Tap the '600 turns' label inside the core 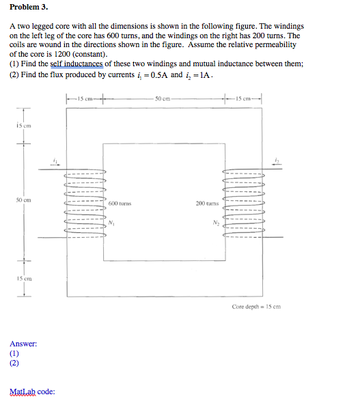[120, 204]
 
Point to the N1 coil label [111, 223]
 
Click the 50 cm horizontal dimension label [163, 100]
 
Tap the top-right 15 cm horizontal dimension [243, 100]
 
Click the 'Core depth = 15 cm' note [256, 307]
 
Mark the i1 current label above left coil [56, 161]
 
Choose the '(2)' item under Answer [14, 364]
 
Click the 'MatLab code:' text [32, 391]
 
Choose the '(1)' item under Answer [14, 354]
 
